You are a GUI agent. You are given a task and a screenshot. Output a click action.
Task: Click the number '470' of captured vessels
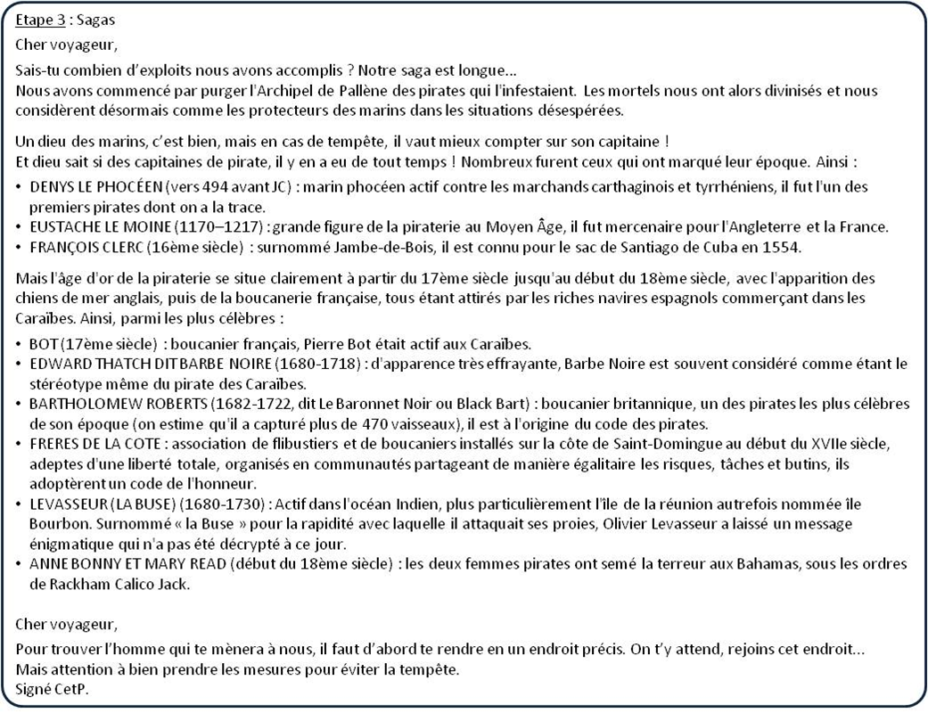pos(435,422)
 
